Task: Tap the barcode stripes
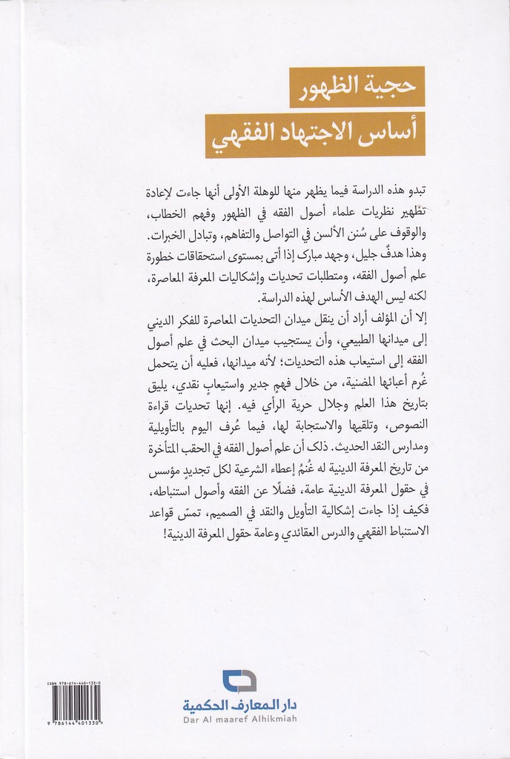coord(76,703)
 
